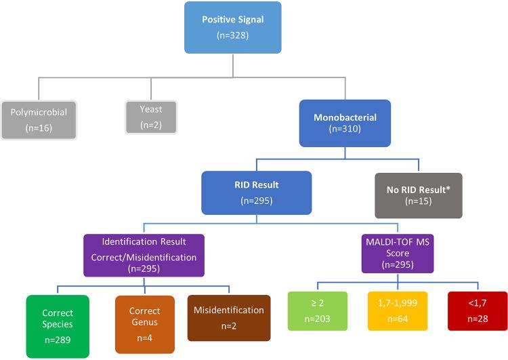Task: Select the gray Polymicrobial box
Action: [39, 119]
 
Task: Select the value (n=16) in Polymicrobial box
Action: [39, 128]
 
